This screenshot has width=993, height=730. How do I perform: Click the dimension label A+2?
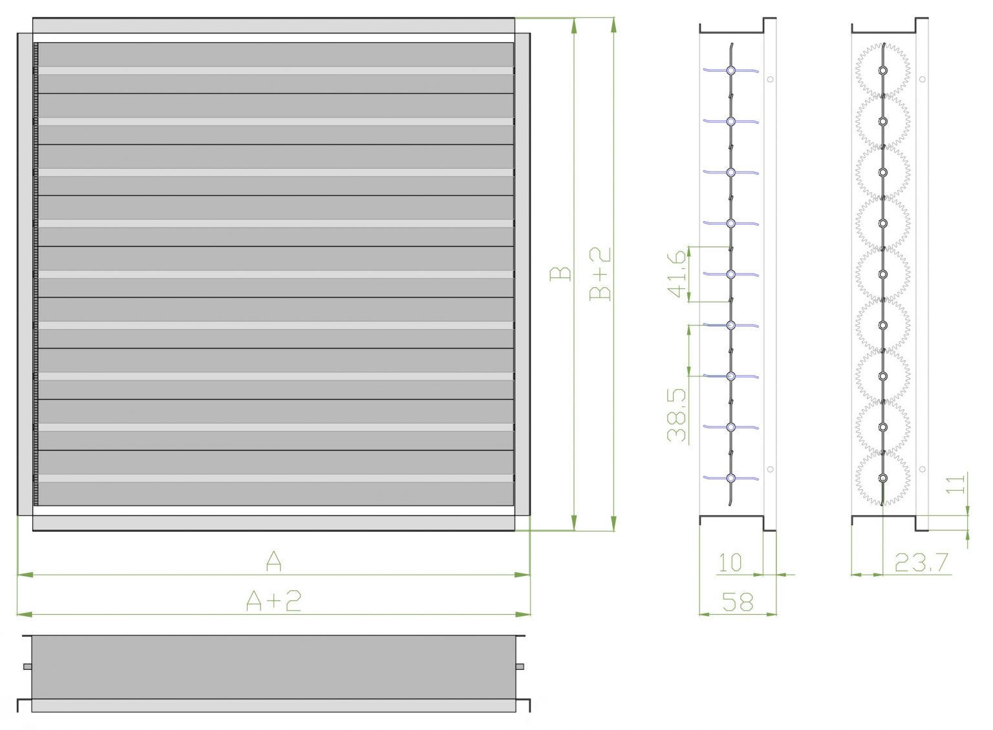(x=273, y=601)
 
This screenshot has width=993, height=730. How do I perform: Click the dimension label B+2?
(x=601, y=274)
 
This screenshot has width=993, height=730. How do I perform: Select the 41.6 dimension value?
(x=677, y=274)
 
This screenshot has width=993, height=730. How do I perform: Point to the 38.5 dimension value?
(x=677, y=414)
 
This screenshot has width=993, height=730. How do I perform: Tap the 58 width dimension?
(x=738, y=602)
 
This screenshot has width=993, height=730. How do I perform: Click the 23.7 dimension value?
(x=921, y=563)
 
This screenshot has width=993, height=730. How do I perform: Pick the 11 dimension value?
(x=956, y=483)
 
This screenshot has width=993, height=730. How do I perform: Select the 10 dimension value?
(x=730, y=563)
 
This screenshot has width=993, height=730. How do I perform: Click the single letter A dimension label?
(x=273, y=561)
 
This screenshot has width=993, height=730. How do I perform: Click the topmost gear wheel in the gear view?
(x=882, y=70)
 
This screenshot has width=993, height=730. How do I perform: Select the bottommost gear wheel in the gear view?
(x=882, y=478)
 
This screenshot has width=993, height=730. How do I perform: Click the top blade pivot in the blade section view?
(x=731, y=70)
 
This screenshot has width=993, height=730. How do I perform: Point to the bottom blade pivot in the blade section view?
(x=731, y=478)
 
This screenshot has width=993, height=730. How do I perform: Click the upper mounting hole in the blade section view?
(x=770, y=80)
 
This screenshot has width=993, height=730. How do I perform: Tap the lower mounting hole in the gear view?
(x=923, y=469)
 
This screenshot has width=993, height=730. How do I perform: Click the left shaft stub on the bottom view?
(x=27, y=667)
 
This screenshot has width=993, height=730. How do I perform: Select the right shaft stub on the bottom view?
(x=520, y=667)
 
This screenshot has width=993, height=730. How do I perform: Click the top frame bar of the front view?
(x=273, y=26)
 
